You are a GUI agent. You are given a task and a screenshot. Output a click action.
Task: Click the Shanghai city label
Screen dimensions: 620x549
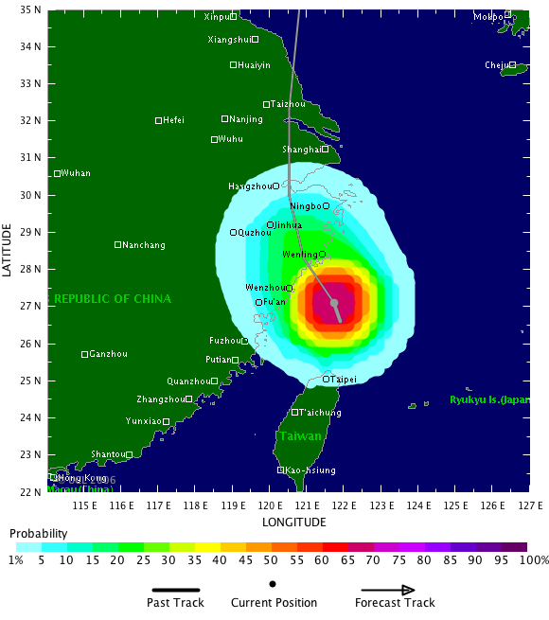[301, 150]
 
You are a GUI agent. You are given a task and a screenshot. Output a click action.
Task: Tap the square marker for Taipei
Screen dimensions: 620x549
[327, 379]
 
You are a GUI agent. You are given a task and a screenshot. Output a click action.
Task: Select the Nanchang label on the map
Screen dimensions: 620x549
[144, 245]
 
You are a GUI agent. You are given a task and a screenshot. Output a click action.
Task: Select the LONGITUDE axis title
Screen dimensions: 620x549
[295, 522]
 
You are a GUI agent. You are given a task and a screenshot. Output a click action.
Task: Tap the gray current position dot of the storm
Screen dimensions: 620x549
[334, 303]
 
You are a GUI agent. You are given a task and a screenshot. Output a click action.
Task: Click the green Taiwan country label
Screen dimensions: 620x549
[299, 436]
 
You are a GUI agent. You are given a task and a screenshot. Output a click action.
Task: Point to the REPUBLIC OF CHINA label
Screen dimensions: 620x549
[113, 299]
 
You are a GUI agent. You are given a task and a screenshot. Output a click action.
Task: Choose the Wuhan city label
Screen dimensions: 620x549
[76, 173]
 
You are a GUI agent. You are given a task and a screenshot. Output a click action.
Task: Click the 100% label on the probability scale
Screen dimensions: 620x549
[533, 559]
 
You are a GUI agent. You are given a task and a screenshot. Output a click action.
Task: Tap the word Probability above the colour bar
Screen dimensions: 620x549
[39, 535]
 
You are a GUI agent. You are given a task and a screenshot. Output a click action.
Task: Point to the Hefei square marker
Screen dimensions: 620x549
[159, 120]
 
